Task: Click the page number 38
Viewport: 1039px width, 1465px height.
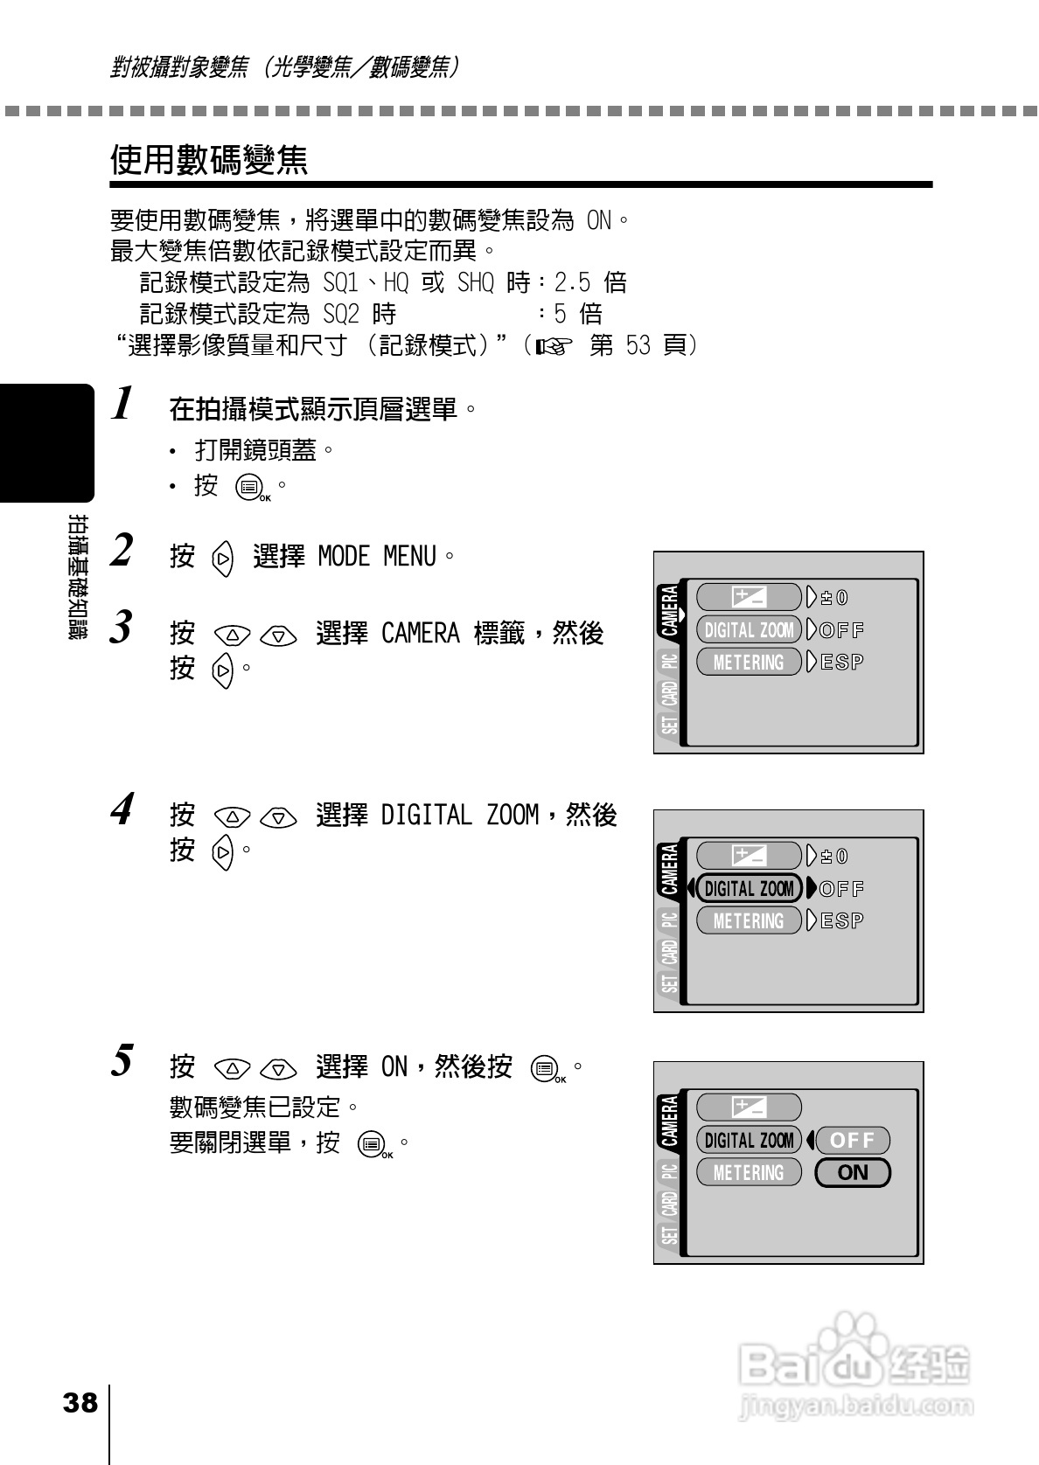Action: click(x=80, y=1404)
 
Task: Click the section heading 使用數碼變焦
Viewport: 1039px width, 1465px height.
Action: click(x=209, y=160)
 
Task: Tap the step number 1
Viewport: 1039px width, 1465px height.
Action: click(x=123, y=405)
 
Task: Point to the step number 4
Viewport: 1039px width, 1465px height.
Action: click(x=123, y=809)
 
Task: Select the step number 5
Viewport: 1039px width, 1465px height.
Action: click(x=123, y=1061)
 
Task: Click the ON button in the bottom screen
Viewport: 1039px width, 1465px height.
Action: click(x=852, y=1173)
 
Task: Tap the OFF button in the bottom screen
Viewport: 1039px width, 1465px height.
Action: click(x=852, y=1141)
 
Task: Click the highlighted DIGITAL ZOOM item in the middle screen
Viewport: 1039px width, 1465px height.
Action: click(x=749, y=889)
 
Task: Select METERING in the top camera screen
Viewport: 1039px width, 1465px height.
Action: click(x=749, y=663)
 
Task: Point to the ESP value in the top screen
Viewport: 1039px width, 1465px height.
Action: click(x=842, y=663)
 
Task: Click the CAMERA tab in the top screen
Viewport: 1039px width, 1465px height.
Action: click(x=669, y=611)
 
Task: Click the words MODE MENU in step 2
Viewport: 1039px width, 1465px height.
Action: click(x=376, y=556)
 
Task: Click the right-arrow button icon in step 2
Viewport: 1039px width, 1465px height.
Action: click(x=224, y=558)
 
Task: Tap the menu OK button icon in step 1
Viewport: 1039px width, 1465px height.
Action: click(x=251, y=488)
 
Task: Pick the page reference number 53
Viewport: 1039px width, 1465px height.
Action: click(x=638, y=345)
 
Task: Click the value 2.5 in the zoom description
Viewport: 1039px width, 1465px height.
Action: click(x=572, y=283)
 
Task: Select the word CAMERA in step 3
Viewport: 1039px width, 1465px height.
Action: click(x=420, y=634)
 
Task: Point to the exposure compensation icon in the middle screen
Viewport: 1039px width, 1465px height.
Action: click(x=749, y=857)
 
